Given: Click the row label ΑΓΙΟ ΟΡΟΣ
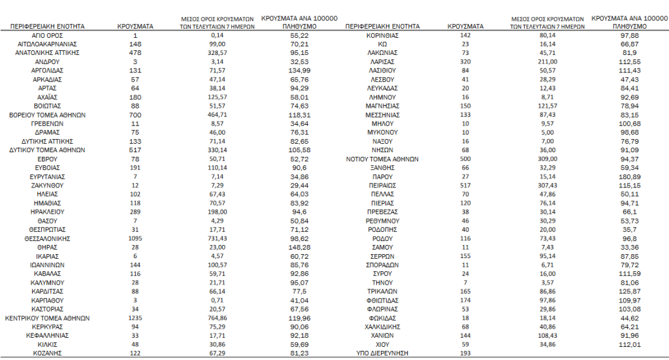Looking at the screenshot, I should [47, 35].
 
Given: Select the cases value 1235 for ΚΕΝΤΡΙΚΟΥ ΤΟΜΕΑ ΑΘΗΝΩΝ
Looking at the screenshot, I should [135, 319].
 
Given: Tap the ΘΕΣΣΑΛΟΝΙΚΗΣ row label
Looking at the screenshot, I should [47, 239].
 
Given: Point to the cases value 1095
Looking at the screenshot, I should [135, 239].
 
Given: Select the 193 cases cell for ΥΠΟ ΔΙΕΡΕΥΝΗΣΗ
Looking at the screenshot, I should [466, 353].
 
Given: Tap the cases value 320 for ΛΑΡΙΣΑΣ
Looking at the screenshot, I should [466, 61].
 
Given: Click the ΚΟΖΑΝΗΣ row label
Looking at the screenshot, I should [47, 353].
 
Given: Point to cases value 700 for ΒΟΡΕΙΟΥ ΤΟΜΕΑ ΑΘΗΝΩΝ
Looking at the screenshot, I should [135, 114].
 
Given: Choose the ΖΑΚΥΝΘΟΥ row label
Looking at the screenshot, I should [47, 186].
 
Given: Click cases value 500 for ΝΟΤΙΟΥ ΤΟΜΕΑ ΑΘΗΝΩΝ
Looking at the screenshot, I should [466, 159].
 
